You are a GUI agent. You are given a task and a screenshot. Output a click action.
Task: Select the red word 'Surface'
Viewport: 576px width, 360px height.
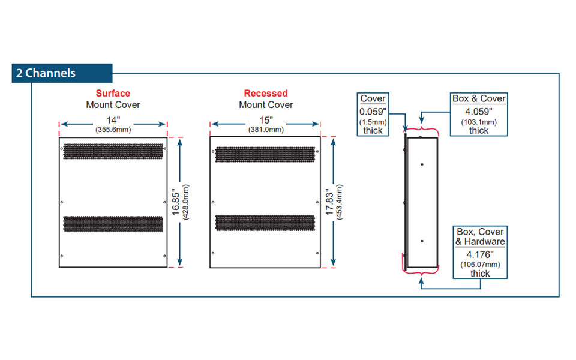(x=113, y=94)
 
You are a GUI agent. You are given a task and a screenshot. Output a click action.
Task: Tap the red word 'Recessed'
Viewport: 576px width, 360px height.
(x=266, y=94)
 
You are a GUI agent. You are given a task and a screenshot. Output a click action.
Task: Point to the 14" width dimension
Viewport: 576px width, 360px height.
(x=113, y=120)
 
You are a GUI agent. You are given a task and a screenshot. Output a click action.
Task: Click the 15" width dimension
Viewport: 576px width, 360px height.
(x=265, y=120)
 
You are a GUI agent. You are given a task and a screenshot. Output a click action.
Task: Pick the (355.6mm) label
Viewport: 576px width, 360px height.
(x=113, y=130)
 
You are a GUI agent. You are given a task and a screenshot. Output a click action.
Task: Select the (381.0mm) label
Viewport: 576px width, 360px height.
(x=265, y=130)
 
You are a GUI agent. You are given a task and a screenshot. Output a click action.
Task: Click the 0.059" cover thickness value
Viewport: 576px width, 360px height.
(x=373, y=112)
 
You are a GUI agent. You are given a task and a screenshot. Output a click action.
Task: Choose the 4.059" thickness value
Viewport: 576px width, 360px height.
(x=478, y=111)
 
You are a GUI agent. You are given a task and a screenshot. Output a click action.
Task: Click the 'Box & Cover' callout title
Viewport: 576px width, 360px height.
(x=478, y=98)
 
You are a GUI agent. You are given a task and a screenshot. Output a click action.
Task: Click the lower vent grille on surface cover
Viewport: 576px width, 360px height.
(x=113, y=223)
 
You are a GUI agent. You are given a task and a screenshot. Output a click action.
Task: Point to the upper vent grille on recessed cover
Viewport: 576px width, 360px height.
(x=265, y=154)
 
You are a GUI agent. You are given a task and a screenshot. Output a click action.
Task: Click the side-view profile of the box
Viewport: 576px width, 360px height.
(x=422, y=202)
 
